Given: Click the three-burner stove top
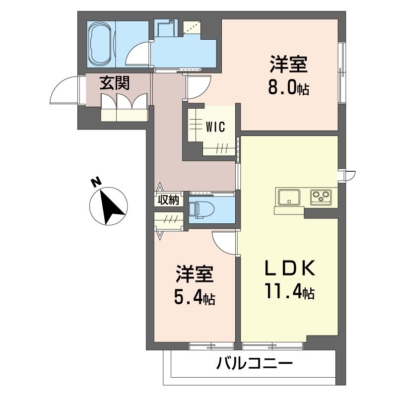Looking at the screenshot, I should click(323, 197).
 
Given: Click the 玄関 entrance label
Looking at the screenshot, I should click(115, 83).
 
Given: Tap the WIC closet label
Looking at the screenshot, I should click(215, 127).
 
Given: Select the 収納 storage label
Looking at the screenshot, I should click(168, 200).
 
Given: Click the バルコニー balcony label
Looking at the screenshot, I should click(254, 366).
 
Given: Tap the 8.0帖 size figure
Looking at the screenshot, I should click(289, 89).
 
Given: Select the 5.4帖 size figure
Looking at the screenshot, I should click(194, 298).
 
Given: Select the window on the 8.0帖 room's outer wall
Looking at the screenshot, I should click(342, 72).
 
